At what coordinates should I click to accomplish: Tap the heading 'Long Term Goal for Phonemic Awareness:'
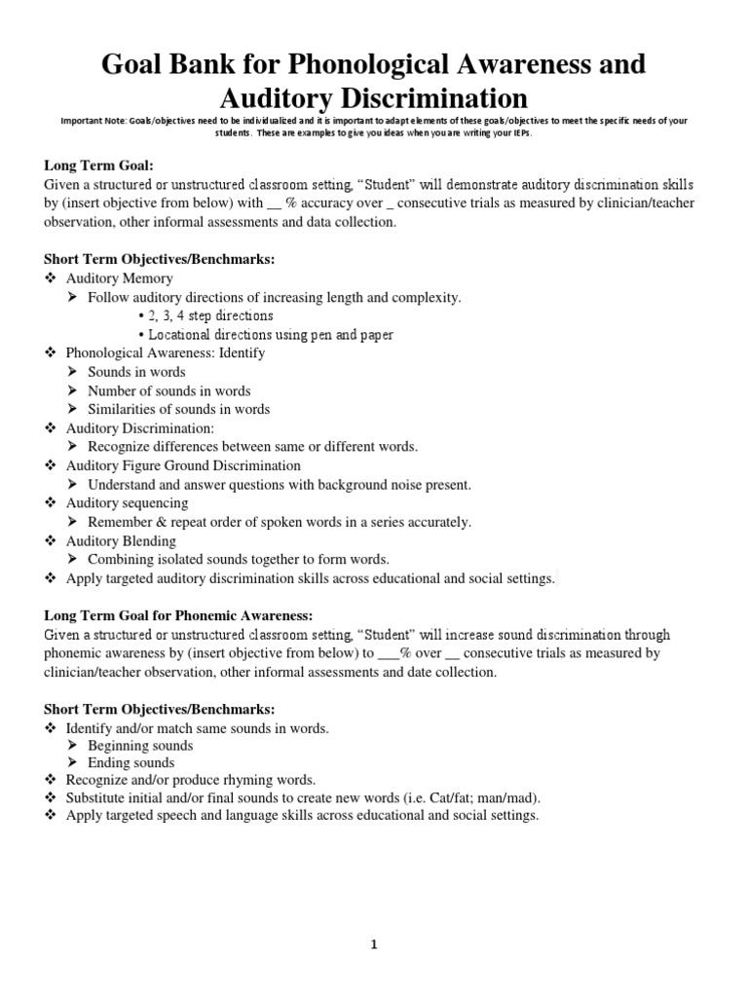click(x=178, y=615)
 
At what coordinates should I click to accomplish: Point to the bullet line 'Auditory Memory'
click(x=119, y=278)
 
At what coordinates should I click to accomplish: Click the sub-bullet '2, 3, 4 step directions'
click(x=210, y=316)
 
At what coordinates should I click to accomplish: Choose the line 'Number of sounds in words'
click(x=169, y=390)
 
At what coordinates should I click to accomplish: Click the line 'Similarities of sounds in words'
click(x=178, y=409)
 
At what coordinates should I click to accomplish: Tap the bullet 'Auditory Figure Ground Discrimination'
click(x=183, y=465)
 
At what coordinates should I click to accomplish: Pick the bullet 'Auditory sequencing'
click(x=127, y=503)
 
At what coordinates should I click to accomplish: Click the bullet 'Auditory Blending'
click(x=121, y=540)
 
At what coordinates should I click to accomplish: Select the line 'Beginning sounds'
click(x=140, y=746)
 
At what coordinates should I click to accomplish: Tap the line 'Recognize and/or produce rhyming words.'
click(x=191, y=780)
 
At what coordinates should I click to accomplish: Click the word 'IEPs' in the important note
click(x=519, y=133)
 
